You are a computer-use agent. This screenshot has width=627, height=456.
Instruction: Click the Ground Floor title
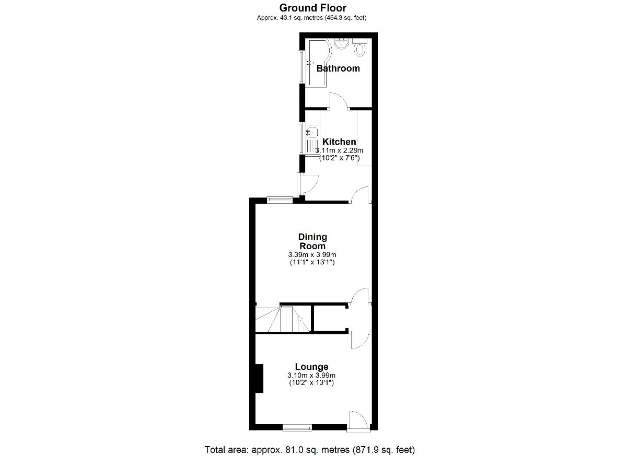312,8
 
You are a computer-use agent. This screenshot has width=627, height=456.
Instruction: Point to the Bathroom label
338,68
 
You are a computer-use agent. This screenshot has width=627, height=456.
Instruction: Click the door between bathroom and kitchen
339,101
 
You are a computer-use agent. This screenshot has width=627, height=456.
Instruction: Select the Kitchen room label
339,142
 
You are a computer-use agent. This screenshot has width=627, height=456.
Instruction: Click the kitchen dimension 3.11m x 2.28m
339,150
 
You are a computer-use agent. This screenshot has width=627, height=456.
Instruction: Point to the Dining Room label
312,241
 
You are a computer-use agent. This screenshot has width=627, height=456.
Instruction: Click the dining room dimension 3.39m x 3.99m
312,255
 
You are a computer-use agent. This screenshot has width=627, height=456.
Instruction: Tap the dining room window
280,200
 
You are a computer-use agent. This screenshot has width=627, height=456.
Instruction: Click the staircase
283,320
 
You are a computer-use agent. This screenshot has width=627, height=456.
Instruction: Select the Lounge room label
311,367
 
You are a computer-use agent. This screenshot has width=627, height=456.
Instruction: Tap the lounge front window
297,427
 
